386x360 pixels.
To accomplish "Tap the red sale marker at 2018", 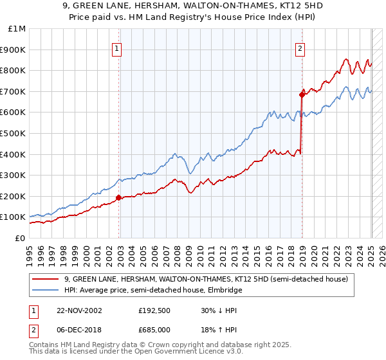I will [x=301, y=94].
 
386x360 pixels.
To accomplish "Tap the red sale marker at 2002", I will [x=119, y=197].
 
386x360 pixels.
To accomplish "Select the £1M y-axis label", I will [x=17, y=28].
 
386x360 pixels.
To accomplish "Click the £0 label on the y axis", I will [x=21, y=238].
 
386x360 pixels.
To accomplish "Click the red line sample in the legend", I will [x=45, y=279].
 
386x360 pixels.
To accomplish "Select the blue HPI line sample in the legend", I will [x=45, y=290].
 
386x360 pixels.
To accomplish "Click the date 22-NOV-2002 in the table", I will [x=79, y=310].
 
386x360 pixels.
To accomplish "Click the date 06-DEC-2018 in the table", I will [x=79, y=330].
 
